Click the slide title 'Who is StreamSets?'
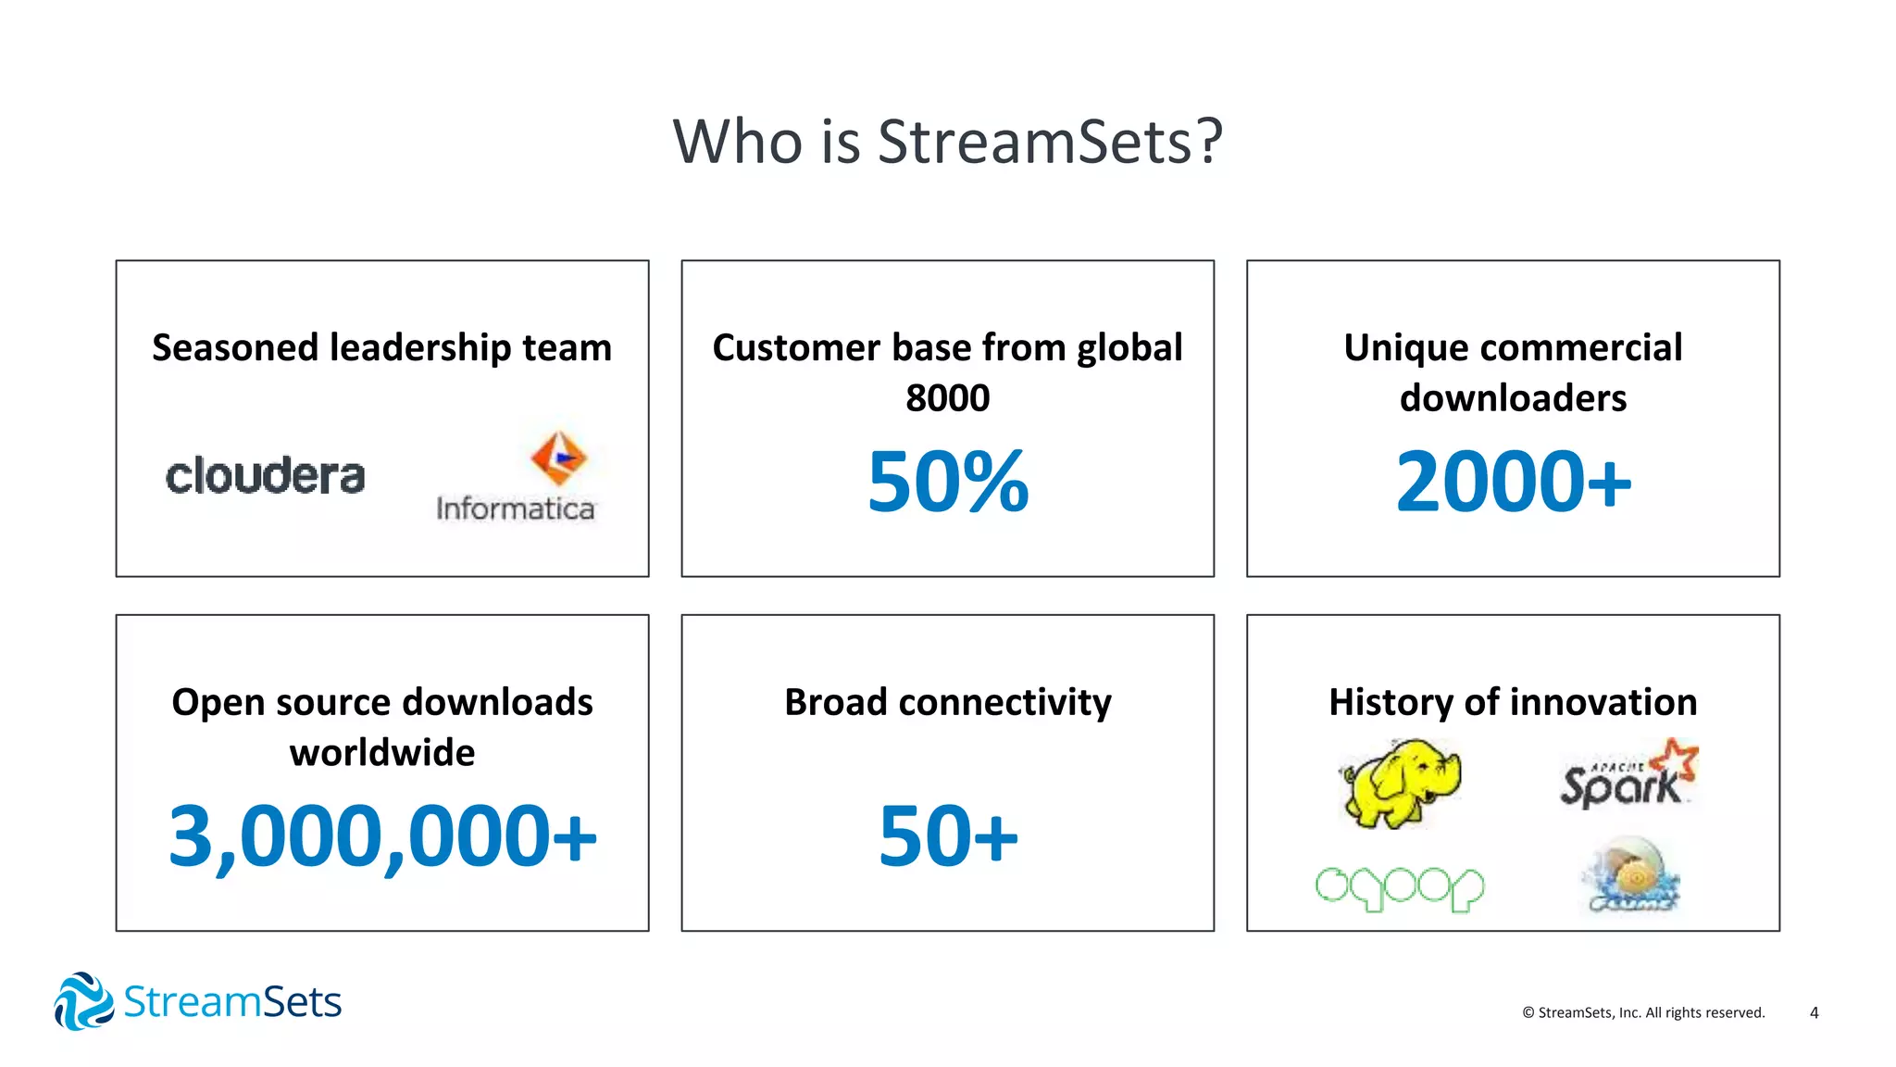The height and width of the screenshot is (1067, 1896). [x=948, y=142]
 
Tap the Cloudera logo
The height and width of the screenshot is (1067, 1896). [x=266, y=476]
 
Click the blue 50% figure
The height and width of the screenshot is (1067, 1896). [x=948, y=482]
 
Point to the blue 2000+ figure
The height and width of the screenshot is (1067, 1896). [x=1513, y=482]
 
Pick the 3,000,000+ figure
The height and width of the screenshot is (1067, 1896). [x=382, y=836]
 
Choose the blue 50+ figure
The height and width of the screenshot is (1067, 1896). [x=948, y=836]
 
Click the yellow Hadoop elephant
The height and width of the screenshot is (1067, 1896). [x=1400, y=783]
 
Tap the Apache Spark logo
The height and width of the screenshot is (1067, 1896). [x=1628, y=774]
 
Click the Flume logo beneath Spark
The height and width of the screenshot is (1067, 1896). [x=1630, y=875]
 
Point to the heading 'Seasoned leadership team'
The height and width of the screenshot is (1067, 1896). [x=382, y=348]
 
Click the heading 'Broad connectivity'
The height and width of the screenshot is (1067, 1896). [x=948, y=702]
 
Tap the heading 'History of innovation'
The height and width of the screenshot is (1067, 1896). [x=1513, y=702]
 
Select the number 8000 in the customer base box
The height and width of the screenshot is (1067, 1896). [x=948, y=398]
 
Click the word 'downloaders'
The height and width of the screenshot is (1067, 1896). [x=1513, y=398]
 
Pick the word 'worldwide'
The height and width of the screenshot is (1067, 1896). [x=382, y=752]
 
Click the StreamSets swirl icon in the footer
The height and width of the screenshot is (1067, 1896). [x=83, y=1001]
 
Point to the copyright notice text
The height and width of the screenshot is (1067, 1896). [x=1643, y=1012]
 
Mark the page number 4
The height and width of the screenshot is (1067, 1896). [x=1814, y=1012]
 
